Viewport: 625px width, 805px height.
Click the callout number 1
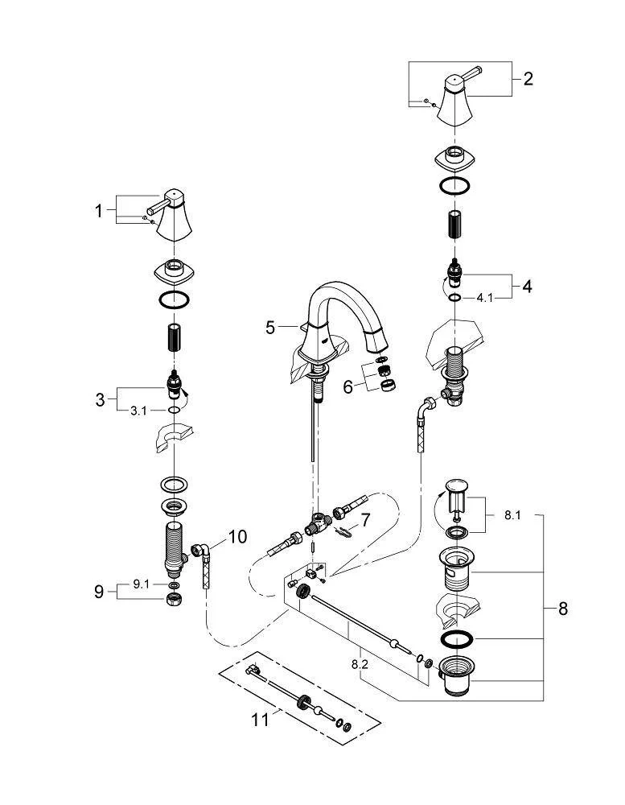tap(99, 211)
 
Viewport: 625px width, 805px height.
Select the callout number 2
tap(528, 79)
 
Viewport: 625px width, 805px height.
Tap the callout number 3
tap(100, 399)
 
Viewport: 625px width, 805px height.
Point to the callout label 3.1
tap(139, 410)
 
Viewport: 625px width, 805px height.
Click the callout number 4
tap(528, 286)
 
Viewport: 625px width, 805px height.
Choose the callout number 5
tap(271, 328)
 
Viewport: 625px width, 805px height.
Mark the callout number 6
tap(348, 386)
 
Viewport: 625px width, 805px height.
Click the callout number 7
tap(365, 521)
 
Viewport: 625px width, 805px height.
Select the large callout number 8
tap(562, 609)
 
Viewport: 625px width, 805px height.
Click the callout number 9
tap(99, 592)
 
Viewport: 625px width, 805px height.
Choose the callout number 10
tap(239, 536)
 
